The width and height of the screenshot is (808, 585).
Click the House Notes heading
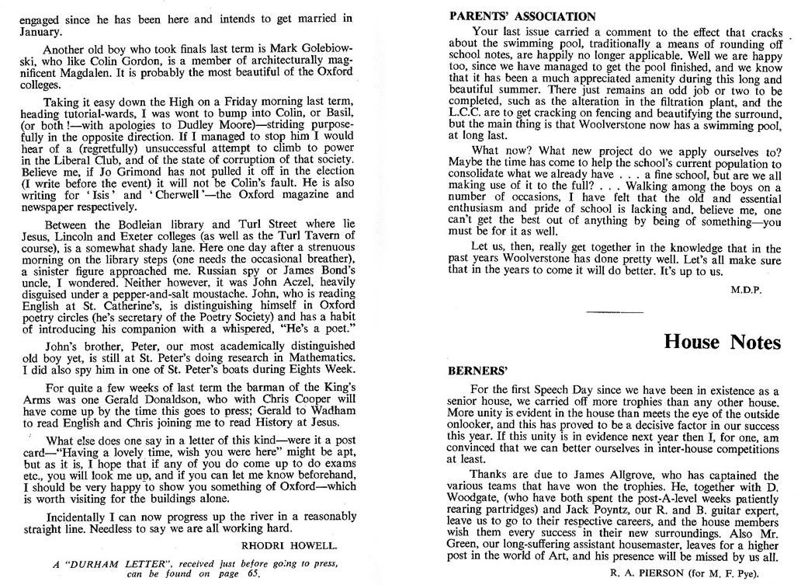point(722,343)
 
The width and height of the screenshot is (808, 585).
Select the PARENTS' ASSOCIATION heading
point(523,16)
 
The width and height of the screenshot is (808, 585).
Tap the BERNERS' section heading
point(476,371)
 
